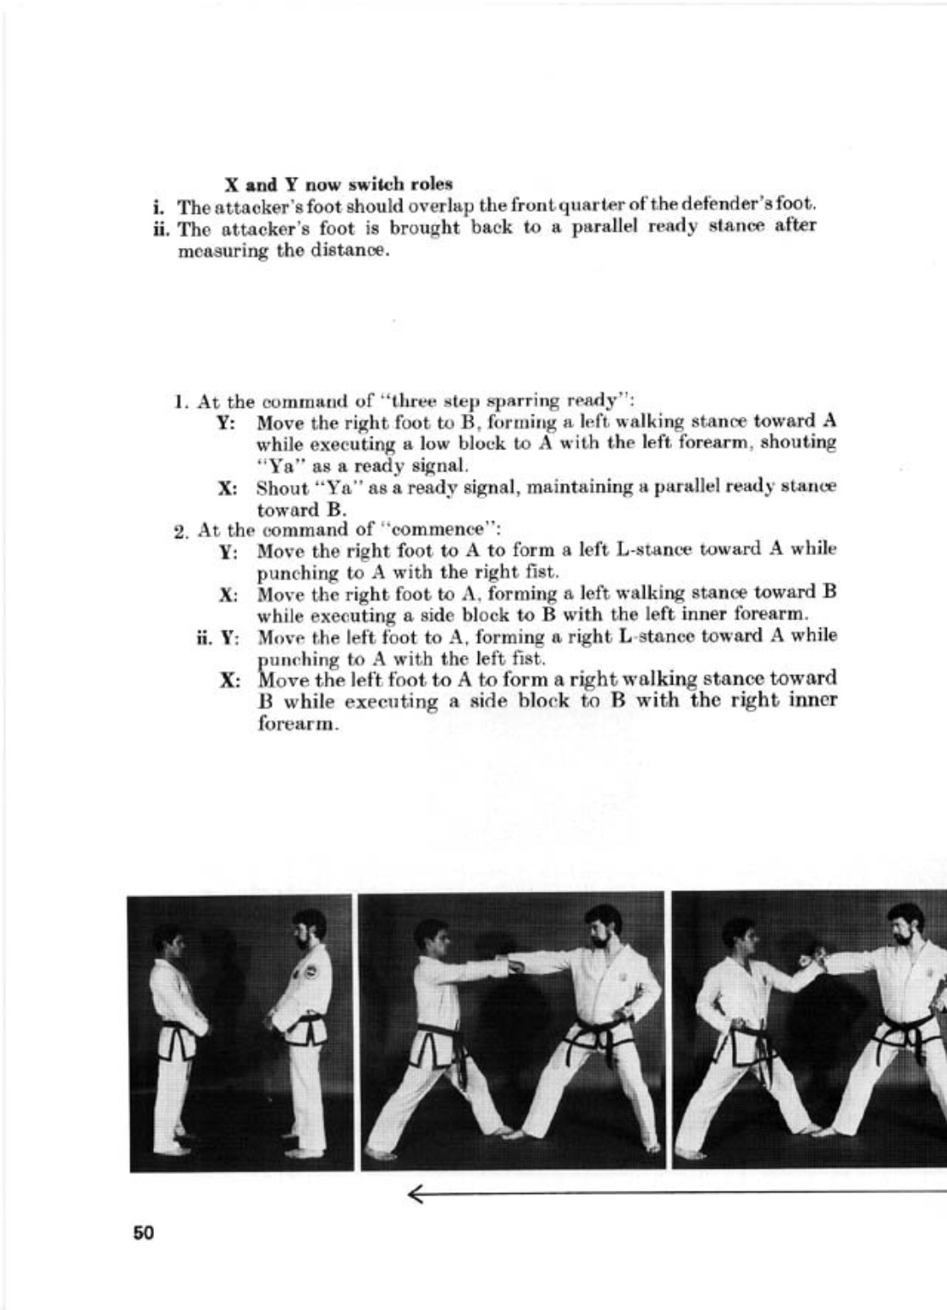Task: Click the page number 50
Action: (143, 1233)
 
